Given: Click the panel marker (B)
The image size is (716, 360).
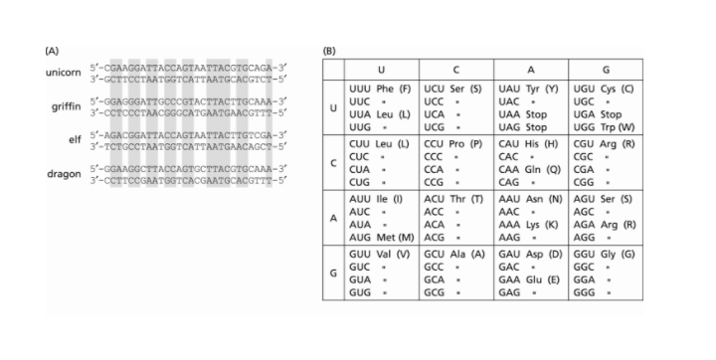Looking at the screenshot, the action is pyautogui.click(x=330, y=49).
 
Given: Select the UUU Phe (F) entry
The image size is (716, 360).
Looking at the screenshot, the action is pyautogui.click(x=380, y=90).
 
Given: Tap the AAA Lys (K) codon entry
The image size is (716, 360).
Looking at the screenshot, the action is pyautogui.click(x=533, y=224).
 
